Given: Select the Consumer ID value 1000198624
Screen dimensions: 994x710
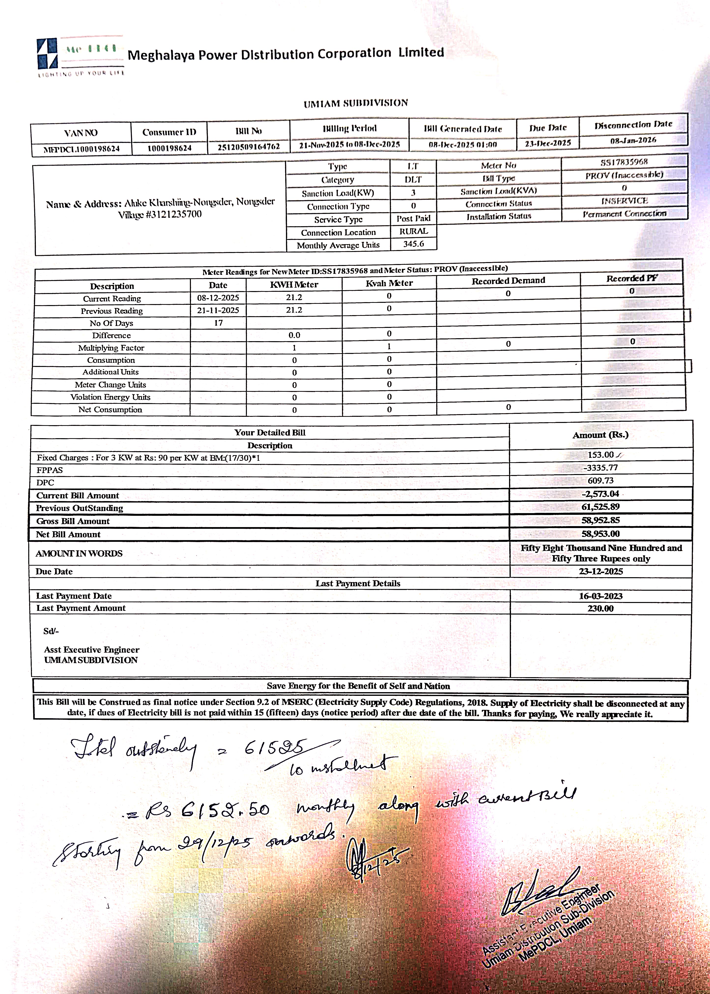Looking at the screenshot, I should point(169,148).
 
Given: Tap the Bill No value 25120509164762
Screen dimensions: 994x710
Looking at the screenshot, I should point(248,146).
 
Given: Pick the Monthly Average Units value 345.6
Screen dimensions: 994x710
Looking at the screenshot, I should point(413,244).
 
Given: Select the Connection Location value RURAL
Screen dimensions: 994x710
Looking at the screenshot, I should point(413,231).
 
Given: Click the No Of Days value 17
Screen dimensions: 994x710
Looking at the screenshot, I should point(218,323).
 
